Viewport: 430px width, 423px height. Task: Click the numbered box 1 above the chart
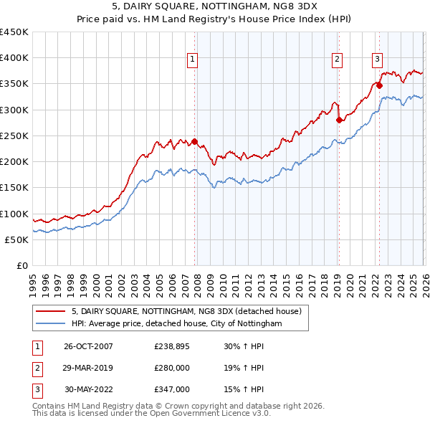[x=193, y=60]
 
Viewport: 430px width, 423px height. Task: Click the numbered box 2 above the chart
[x=337, y=60]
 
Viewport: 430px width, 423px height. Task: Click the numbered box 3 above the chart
[x=377, y=60]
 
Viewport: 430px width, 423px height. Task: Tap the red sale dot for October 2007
[x=194, y=141]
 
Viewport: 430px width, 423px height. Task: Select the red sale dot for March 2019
[x=339, y=120]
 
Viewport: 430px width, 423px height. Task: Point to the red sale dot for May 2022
[x=379, y=85]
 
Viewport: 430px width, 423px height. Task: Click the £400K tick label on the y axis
[x=14, y=58]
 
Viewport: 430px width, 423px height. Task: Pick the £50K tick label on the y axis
[x=16, y=240]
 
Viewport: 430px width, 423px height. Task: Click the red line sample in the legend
[x=52, y=311]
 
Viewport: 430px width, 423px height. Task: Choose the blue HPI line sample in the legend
[x=52, y=324]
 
